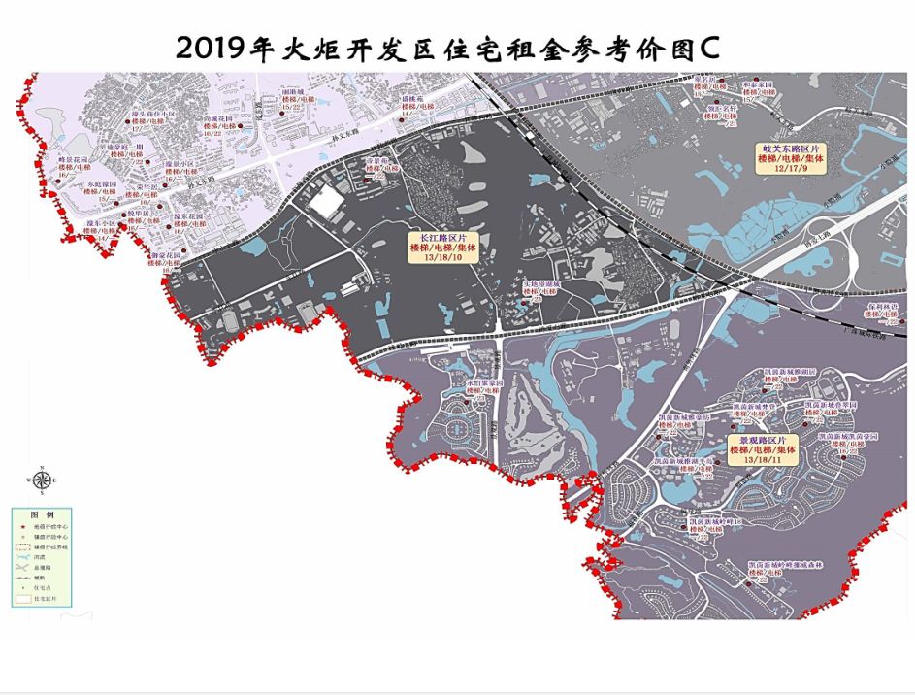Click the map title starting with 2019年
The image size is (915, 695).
click(446, 49)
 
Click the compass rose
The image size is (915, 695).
click(41, 479)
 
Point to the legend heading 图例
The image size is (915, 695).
click(42, 513)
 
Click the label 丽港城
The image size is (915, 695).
click(293, 90)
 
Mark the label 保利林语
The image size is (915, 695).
click(883, 305)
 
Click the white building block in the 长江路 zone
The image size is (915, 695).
click(325, 203)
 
